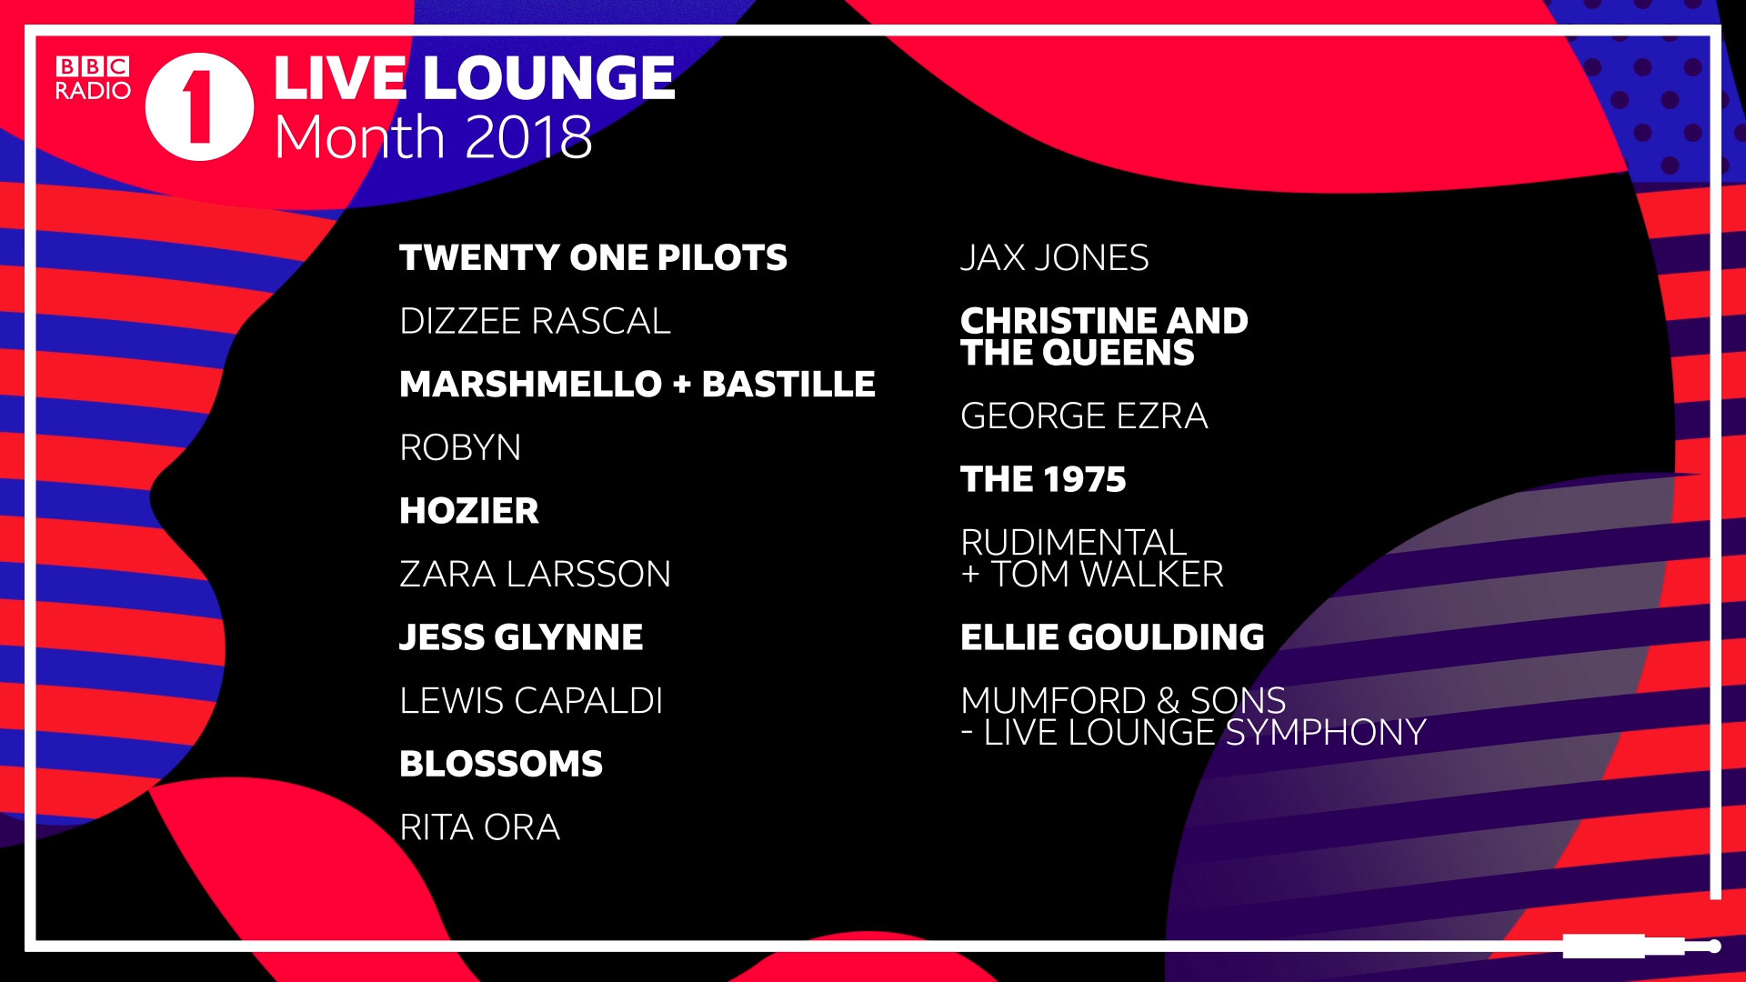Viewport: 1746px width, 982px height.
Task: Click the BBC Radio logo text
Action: (x=93, y=78)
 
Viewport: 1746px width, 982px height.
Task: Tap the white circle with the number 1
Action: (x=200, y=107)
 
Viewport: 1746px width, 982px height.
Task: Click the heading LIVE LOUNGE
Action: (x=474, y=78)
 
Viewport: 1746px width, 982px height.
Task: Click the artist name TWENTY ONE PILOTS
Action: (x=593, y=257)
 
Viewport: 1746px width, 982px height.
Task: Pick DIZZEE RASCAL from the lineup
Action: (x=535, y=321)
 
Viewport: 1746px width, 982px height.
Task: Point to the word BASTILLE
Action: (x=788, y=384)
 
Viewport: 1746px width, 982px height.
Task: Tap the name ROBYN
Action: (x=460, y=447)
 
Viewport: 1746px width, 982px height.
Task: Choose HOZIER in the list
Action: (x=469, y=511)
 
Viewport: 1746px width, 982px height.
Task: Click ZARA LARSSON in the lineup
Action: (x=535, y=574)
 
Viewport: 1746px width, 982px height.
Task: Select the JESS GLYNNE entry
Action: (x=521, y=637)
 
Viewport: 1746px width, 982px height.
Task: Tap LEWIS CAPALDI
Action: (x=531, y=700)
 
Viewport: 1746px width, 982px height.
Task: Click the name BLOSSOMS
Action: (x=501, y=764)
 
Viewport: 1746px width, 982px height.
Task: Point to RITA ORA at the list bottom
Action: (x=479, y=827)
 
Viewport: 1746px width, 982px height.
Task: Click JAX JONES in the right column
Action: (x=1055, y=257)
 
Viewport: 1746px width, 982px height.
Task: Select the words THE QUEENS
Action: (x=1078, y=353)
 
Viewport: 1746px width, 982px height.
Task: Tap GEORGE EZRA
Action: (x=1084, y=416)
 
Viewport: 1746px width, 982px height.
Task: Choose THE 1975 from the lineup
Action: (x=1043, y=479)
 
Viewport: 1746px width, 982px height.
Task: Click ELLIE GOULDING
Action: (x=1112, y=637)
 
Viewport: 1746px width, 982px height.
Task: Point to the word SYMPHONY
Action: (x=1326, y=733)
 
